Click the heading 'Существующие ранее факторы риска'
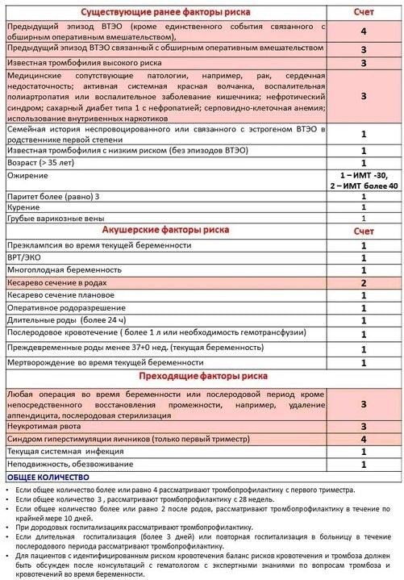pyautogui.click(x=165, y=13)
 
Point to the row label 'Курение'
pyautogui.click(x=25, y=207)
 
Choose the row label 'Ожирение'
pyautogui.click(x=28, y=174)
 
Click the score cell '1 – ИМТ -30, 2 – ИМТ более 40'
pyautogui.click(x=364, y=180)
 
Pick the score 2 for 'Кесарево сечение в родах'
pyautogui.click(x=364, y=283)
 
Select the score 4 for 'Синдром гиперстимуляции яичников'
pyautogui.click(x=364, y=438)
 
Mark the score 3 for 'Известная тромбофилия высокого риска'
pyautogui.click(x=364, y=63)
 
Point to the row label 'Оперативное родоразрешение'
pyautogui.click(x=67, y=308)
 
